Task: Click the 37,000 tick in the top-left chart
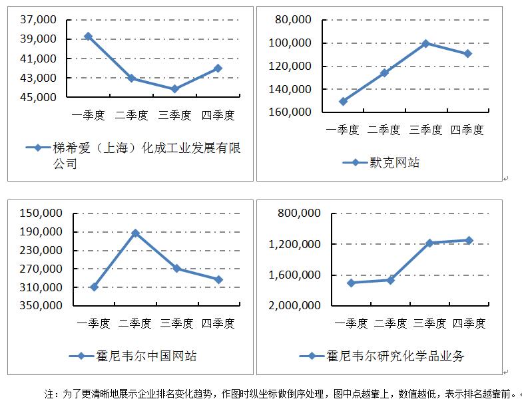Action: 39,20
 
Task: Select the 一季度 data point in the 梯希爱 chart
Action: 88,36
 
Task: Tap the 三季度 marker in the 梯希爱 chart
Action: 174,88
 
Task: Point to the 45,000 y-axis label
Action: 39,97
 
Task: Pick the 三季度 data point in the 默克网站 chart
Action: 425,43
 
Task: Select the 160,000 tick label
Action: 292,112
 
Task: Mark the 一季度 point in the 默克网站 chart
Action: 343,102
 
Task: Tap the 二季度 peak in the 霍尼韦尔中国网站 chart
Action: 135,233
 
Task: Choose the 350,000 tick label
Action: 42,306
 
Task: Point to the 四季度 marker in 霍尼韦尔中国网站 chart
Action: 218,279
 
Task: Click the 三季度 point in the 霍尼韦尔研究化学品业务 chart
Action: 429,243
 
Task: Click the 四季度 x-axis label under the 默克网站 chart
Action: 467,130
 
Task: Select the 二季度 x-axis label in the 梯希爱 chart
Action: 131,116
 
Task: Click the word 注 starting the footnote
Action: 49,394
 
